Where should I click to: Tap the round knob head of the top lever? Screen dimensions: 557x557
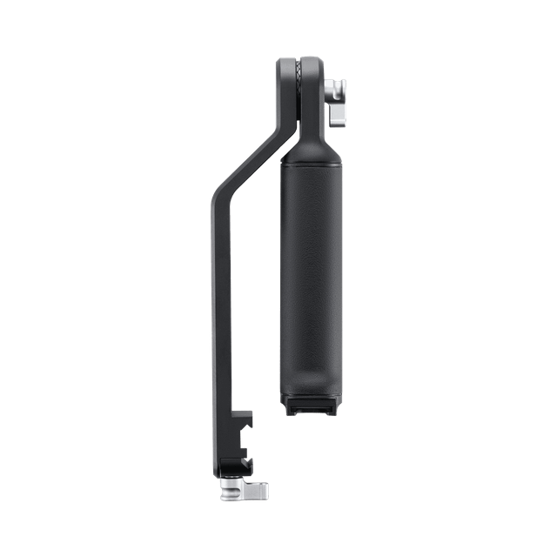[336, 88]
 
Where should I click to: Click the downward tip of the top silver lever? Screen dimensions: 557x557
[338, 119]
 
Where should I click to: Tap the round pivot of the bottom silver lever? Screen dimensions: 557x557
[228, 493]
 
